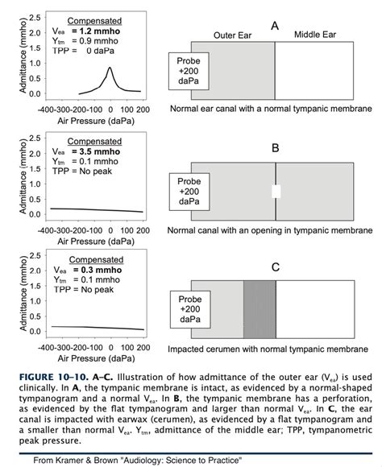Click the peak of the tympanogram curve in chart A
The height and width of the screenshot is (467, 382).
coord(110,68)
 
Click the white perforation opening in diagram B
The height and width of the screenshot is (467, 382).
coord(276,192)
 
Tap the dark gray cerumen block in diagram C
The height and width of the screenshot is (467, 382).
coord(259,310)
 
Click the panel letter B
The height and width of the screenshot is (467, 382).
coord(275,148)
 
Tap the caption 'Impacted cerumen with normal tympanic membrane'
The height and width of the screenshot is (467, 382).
coord(269,349)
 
